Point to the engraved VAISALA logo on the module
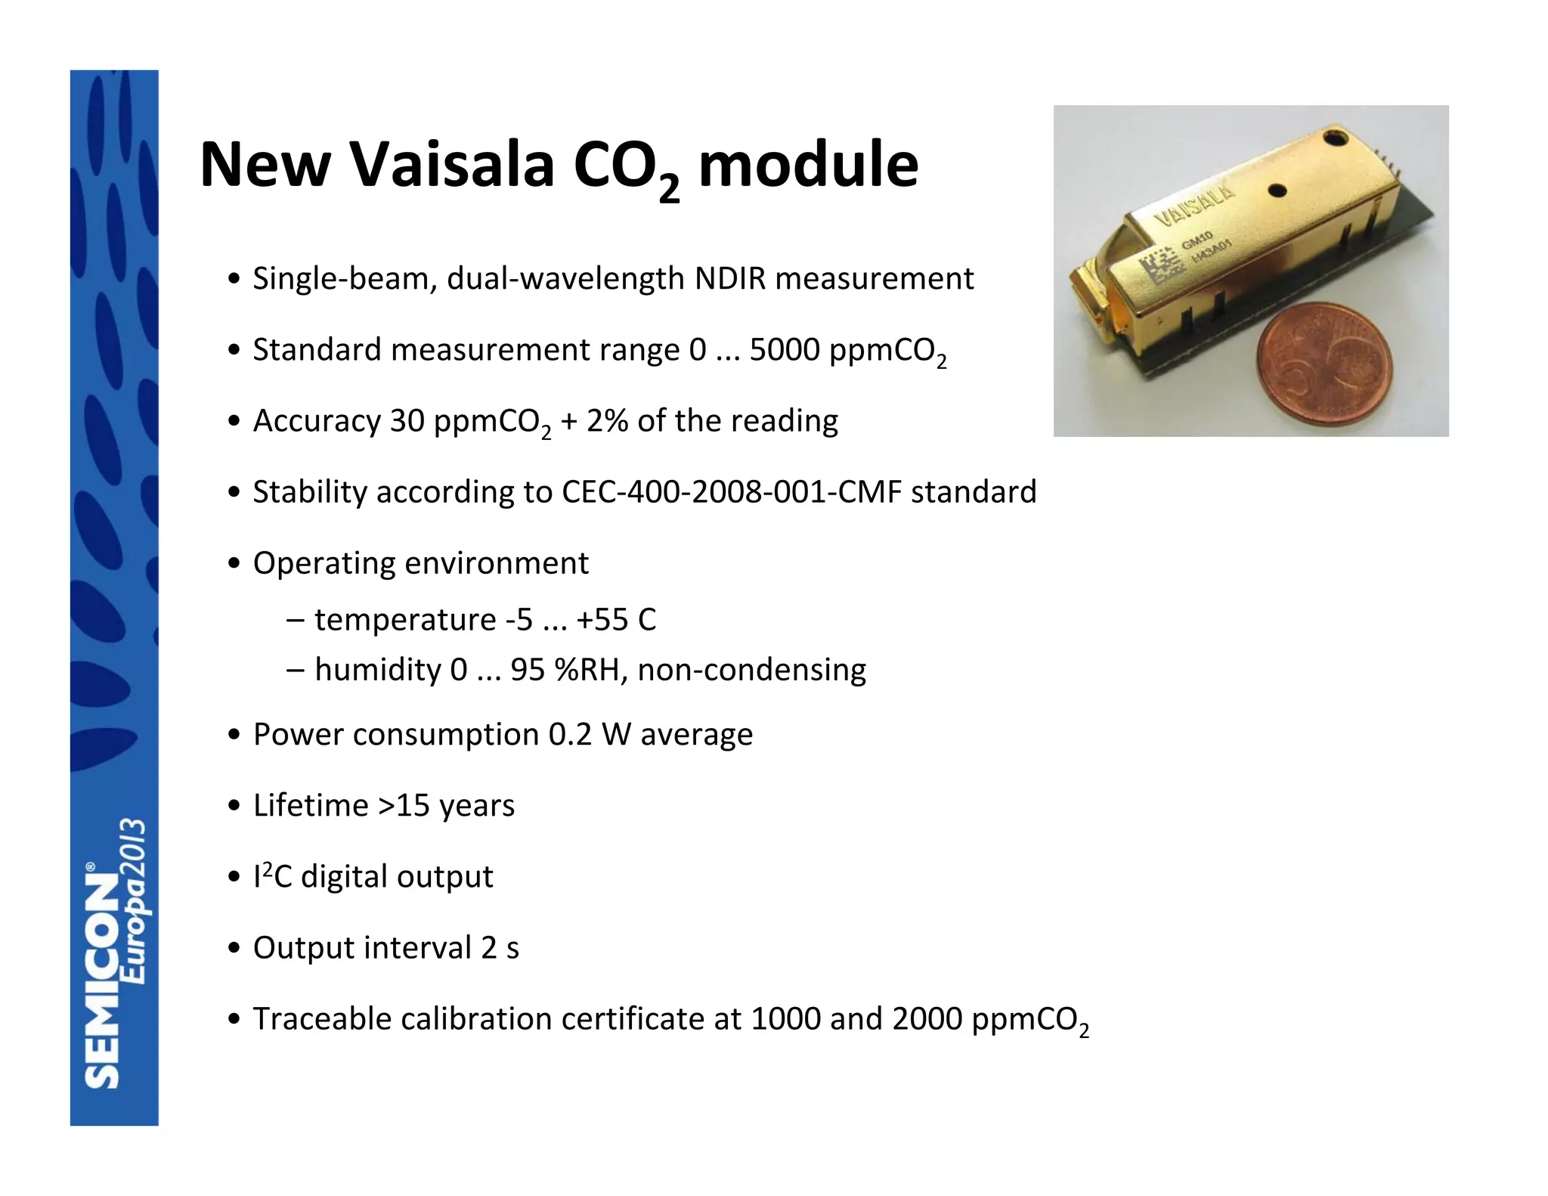(x=1195, y=204)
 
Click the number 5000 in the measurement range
(x=784, y=350)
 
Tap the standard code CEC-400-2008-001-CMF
(x=731, y=492)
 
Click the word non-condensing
(x=751, y=670)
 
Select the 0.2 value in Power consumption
(x=570, y=735)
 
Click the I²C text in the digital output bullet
(x=272, y=877)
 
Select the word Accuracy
(x=316, y=421)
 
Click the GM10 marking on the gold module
(x=1197, y=241)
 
